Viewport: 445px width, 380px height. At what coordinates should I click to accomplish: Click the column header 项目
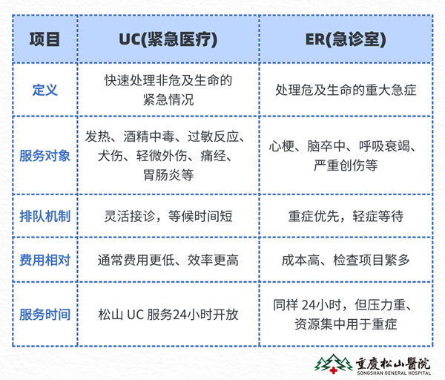44,39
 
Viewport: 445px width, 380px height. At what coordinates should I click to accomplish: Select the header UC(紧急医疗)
168,39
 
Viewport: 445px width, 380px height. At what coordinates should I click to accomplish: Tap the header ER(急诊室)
346,39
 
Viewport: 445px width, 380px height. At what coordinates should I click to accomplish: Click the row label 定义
44,90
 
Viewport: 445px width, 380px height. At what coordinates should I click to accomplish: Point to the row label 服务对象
44,156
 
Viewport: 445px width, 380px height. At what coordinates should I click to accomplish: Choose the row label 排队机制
44,216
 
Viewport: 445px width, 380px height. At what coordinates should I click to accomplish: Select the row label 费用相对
44,260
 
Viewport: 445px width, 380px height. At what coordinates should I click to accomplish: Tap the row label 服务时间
44,315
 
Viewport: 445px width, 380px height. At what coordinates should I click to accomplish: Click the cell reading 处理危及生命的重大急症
346,90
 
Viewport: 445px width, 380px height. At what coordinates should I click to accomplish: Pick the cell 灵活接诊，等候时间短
168,216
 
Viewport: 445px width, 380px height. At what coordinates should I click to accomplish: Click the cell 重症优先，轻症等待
346,216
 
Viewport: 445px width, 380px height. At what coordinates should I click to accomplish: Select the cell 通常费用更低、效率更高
168,260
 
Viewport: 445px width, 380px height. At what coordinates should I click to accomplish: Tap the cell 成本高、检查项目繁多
346,260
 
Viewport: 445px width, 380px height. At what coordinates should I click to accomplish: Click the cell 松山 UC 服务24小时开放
168,315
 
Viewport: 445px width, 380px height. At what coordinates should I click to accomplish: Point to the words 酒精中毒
148,137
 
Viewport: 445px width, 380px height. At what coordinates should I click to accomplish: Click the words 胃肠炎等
168,174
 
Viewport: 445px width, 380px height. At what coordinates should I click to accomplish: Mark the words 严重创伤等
346,165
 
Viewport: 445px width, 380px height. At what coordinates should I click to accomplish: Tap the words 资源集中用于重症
346,324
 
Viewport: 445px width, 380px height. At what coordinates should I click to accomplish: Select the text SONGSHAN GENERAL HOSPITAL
394,373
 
